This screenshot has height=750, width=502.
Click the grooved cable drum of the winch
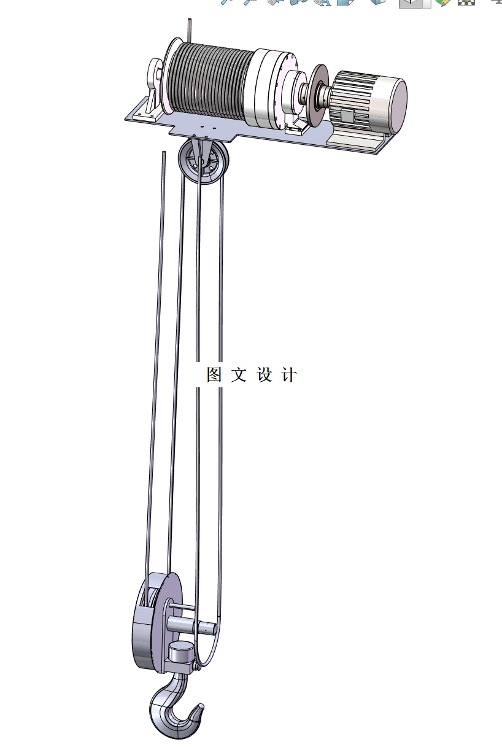coord(209,79)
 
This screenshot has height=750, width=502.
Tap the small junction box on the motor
coord(347,115)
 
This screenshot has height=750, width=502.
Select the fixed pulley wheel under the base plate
coord(203,163)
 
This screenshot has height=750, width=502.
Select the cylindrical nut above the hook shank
coord(181,652)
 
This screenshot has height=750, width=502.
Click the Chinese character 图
coord(214,375)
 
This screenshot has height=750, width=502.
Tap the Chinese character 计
coord(288,375)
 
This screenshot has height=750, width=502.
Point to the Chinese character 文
coord(239,375)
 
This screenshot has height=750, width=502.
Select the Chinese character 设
coord(264,375)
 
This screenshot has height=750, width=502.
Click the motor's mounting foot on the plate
coord(356,140)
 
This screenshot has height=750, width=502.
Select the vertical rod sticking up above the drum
coord(190,31)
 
